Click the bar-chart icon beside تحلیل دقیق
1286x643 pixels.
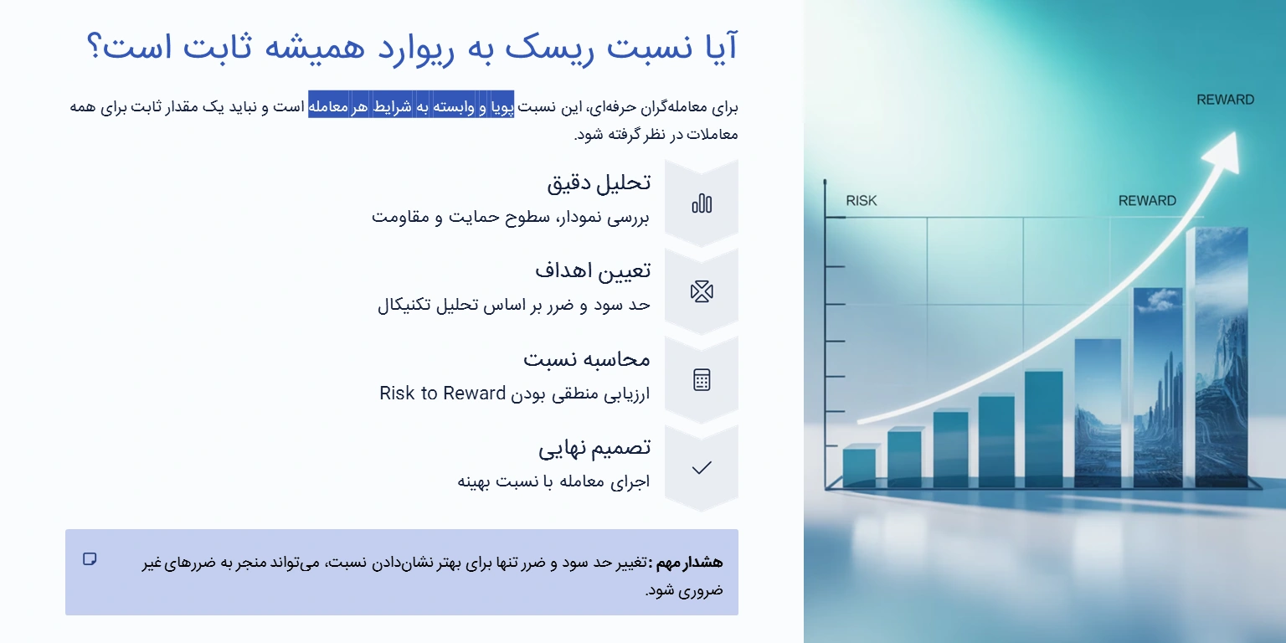tap(702, 203)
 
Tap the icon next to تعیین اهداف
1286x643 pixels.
tap(702, 291)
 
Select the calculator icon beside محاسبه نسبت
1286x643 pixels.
tap(702, 380)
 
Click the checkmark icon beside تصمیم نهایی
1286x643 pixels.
tap(702, 468)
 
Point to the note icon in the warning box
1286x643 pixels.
tap(90, 559)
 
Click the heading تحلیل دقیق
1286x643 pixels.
tap(599, 183)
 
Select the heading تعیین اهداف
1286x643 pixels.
tap(593, 270)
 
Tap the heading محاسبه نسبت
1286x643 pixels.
tap(587, 359)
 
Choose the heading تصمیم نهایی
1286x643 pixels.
tap(594, 447)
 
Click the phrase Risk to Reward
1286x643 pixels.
tap(442, 394)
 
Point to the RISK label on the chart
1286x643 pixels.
tap(862, 201)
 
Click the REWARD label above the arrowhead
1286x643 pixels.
tap(1225, 100)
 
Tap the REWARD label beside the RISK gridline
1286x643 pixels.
tap(1147, 201)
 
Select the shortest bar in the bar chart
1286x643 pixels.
tap(859, 467)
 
